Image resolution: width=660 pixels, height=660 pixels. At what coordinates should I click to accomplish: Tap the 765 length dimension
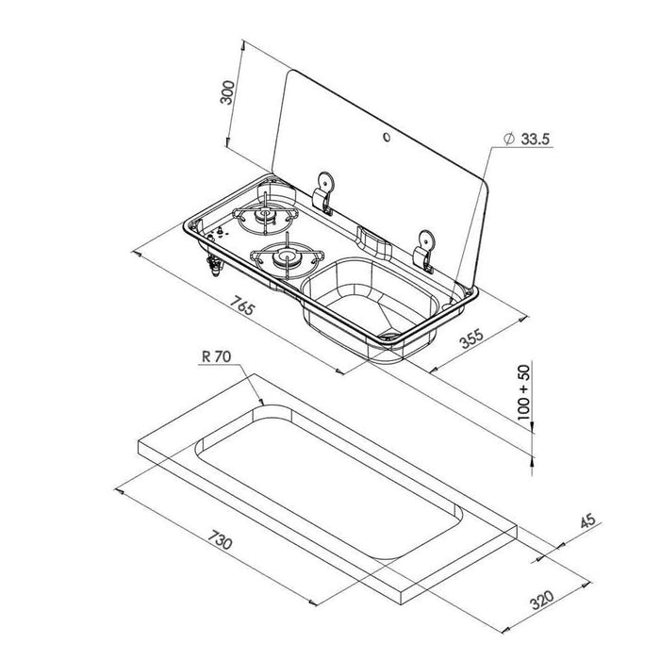point(243,306)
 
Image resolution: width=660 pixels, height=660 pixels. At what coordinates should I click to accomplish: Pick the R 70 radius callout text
point(215,357)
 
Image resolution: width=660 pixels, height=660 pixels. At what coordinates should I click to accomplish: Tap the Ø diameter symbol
point(508,139)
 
